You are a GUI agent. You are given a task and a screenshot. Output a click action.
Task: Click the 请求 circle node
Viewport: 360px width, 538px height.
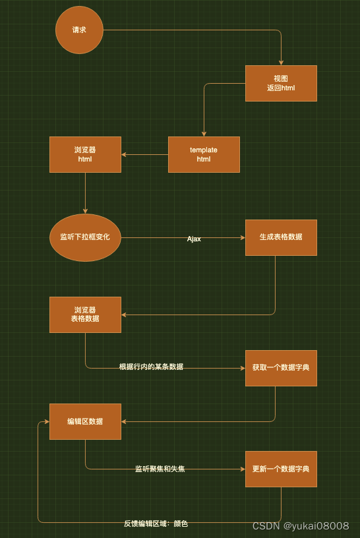coord(79,30)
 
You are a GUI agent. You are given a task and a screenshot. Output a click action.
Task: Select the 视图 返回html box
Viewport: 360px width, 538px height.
coord(281,83)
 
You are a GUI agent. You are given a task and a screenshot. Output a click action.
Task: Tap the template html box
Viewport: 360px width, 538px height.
coord(204,155)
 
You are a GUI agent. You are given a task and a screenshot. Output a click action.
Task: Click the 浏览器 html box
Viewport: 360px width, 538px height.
coord(85,155)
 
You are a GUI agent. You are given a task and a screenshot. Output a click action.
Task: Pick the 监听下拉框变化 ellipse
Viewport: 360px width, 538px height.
coord(85,237)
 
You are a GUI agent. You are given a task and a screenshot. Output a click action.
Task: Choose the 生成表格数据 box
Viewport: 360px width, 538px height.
coord(281,237)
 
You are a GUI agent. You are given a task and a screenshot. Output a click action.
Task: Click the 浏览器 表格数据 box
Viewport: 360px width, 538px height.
coord(85,314)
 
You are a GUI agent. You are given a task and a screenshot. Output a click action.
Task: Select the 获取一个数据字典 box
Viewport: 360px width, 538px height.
coord(281,368)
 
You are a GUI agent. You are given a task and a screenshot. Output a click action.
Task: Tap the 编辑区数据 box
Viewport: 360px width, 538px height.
coord(85,421)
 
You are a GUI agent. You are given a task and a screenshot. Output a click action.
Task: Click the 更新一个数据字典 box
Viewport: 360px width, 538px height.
coord(281,469)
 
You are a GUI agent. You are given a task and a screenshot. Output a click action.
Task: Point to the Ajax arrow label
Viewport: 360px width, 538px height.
coord(194,239)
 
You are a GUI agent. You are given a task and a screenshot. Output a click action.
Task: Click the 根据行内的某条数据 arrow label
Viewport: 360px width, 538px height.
coord(151,367)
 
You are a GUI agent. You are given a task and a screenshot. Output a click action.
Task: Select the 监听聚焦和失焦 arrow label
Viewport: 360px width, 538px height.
coord(160,469)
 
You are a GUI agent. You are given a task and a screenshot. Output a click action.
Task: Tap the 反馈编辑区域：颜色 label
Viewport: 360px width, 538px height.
coord(156,523)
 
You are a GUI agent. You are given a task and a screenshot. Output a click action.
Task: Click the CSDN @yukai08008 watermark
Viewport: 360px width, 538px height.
coord(301,525)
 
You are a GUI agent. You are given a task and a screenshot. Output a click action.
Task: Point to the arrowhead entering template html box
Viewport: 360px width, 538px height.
coord(204,134)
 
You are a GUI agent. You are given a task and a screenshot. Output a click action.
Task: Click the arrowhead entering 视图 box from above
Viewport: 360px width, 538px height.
coord(281,63)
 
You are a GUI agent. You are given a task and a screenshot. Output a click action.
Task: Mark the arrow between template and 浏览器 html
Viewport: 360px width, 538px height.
coord(144,155)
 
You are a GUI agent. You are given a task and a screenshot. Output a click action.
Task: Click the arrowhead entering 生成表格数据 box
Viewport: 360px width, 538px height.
coord(243,237)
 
